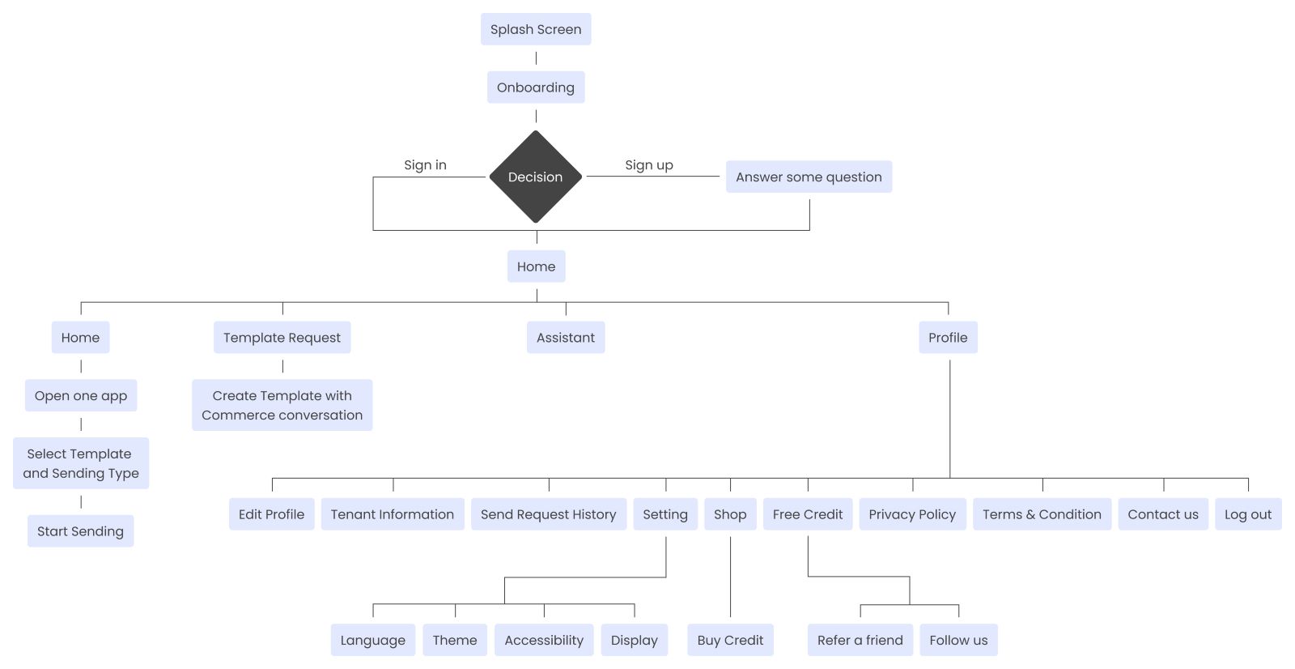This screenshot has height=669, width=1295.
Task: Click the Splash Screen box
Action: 536,29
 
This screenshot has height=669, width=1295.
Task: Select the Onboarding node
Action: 536,87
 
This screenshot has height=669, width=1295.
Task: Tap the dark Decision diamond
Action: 536,177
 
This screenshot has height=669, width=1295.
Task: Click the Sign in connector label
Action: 425,165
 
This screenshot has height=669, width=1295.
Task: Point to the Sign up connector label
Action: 648,165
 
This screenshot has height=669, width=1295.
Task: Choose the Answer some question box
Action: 809,177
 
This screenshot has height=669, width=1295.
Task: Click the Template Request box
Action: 282,338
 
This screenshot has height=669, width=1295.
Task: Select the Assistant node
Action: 565,338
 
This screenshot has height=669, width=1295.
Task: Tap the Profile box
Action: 948,338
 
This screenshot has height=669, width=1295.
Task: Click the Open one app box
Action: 81,396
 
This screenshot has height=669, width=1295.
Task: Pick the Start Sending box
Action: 80,531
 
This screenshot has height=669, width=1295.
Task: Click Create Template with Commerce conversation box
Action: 282,405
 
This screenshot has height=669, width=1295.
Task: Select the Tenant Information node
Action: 393,514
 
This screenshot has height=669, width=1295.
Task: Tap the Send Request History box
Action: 548,514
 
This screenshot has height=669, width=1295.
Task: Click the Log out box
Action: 1247,514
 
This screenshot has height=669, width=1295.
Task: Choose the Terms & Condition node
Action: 1042,514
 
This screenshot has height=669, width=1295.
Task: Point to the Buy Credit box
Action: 730,640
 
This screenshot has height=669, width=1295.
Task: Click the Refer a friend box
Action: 860,640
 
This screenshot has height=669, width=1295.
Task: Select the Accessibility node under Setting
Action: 544,640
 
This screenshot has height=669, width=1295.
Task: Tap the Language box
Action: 372,640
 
